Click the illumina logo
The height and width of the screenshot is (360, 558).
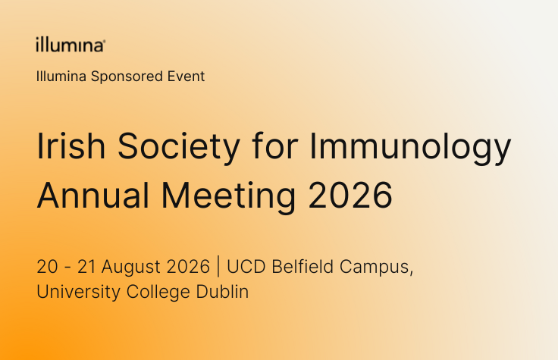click(71, 45)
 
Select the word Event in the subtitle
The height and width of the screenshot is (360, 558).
click(186, 76)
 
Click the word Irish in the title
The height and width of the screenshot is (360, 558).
click(71, 146)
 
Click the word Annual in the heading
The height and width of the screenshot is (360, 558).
click(93, 196)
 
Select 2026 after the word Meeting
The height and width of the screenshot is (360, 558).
click(350, 196)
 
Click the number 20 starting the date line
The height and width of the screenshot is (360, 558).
click(47, 267)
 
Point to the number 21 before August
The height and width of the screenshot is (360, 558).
click(86, 267)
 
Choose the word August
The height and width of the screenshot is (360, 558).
click(131, 268)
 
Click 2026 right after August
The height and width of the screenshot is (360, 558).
click(188, 267)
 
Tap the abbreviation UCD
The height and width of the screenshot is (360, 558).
click(246, 267)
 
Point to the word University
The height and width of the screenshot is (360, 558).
click(79, 293)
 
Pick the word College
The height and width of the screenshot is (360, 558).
click(158, 293)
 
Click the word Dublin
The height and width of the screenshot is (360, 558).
click(222, 291)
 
